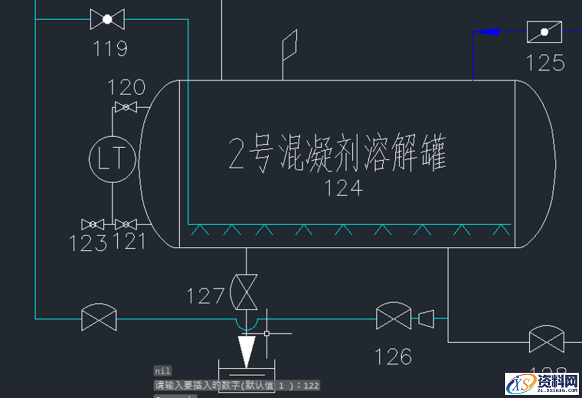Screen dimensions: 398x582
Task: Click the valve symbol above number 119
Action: [x=107, y=20]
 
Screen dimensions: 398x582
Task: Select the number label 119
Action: [x=110, y=48]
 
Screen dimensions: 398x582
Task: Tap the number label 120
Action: [x=126, y=87]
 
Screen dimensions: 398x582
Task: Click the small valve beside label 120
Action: [x=125, y=107]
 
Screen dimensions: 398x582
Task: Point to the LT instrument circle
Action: [x=112, y=159]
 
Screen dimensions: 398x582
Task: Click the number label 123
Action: [x=88, y=243]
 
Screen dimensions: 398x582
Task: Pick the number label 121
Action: [x=130, y=242]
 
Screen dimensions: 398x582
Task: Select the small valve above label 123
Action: [x=92, y=224]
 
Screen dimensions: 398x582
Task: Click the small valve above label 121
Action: [x=125, y=224]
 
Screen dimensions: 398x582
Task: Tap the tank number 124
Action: [x=344, y=188]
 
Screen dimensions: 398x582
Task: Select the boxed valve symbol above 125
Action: [x=544, y=32]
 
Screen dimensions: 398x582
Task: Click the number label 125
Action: [x=545, y=62]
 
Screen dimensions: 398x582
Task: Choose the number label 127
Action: [x=205, y=296]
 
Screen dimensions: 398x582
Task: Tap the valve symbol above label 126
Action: [x=394, y=318]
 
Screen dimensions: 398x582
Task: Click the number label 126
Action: [x=394, y=357]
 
